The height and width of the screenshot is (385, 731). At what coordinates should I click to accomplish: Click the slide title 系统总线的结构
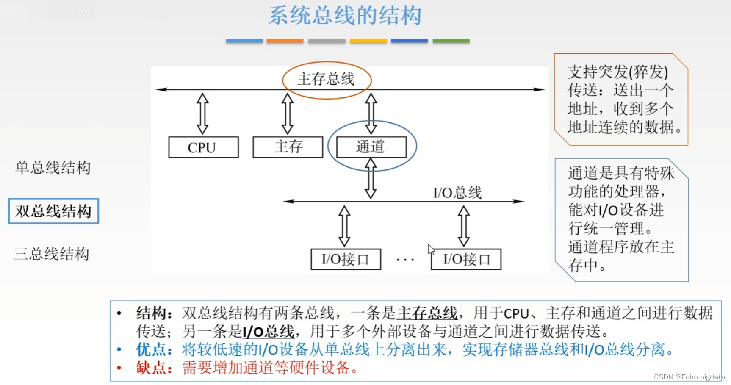point(345,16)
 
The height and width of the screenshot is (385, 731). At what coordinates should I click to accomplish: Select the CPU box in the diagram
point(203,147)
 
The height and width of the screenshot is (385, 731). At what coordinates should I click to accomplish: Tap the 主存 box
point(288,147)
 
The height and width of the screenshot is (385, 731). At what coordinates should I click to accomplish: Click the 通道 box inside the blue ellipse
point(371,147)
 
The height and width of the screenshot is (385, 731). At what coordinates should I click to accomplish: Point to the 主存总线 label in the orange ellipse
point(326,79)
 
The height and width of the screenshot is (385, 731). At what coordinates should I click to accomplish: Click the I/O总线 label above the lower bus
point(457,193)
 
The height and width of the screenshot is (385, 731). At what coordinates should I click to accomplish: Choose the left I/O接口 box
point(346,259)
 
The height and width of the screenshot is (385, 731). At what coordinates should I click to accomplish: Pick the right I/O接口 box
point(466,259)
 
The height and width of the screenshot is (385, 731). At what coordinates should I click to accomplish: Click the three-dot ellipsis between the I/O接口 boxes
point(405,260)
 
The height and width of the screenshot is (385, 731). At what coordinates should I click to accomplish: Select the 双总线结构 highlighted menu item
point(53,211)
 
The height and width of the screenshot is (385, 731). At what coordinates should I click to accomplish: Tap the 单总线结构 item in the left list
point(53,168)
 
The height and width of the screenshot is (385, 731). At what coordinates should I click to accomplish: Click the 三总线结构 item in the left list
point(52,254)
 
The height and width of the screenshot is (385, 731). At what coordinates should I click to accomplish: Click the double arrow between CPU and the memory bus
point(202,114)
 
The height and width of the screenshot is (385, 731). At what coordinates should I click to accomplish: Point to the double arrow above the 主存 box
point(288,114)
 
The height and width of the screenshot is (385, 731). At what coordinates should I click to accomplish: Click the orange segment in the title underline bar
point(285,41)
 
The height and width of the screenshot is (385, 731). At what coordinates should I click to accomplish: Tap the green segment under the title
point(451,41)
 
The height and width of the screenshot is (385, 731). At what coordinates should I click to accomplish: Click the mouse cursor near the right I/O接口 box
point(431,249)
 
